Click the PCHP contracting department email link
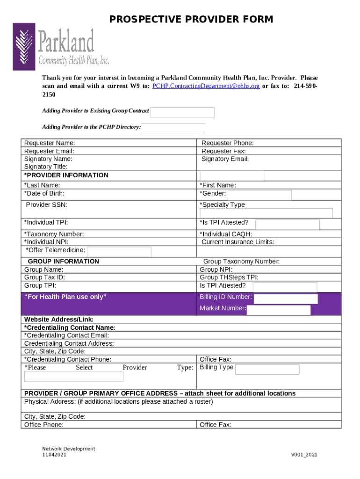coord(206,86)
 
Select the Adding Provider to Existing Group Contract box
coord(182,112)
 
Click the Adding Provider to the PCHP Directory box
coord(173,128)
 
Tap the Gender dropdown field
coord(259,195)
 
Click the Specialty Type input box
coord(266,213)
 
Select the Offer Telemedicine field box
coord(119,252)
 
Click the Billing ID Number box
coord(286,299)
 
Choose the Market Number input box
coord(279,310)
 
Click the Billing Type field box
coord(267,370)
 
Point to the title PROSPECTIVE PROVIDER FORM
coord(191,19)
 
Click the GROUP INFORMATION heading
coord(64,261)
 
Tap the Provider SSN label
coord(46,205)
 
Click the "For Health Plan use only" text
coord(65,297)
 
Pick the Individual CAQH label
coord(226,234)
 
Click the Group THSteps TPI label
coord(229,277)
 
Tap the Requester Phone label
coord(228,143)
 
